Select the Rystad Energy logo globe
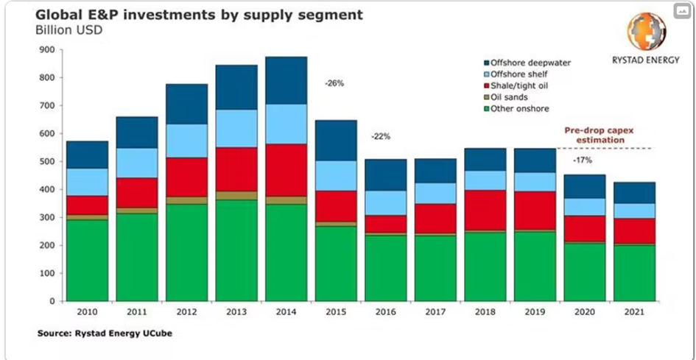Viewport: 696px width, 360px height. [x=647, y=32]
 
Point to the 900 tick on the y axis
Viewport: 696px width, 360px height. [x=48, y=50]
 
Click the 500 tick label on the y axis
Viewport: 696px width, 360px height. [x=48, y=162]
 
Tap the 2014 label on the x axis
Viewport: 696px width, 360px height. [x=287, y=312]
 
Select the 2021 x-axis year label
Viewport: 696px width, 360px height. [x=633, y=312]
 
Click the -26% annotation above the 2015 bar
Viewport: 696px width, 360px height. [x=334, y=83]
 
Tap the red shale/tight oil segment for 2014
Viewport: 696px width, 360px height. [x=287, y=169]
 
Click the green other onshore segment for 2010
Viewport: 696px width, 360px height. [x=87, y=260]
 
